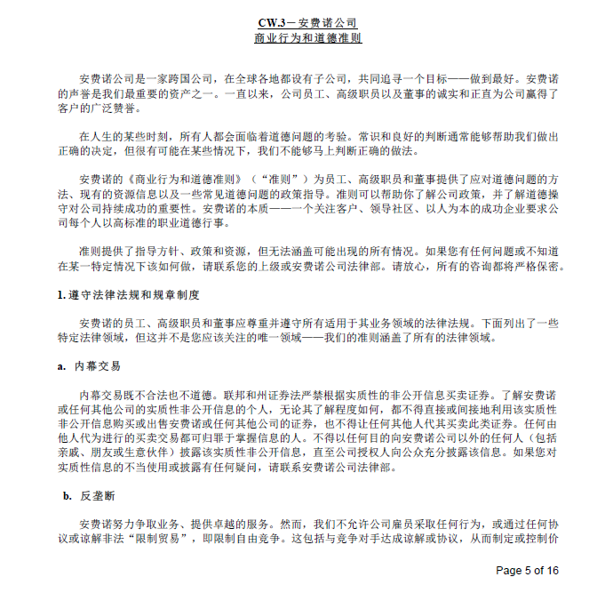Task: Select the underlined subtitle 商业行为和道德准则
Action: (307, 38)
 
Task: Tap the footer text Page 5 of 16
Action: (527, 570)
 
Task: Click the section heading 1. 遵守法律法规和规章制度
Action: (128, 294)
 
